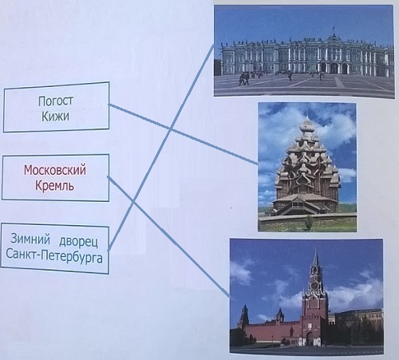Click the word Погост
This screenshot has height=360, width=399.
[56, 101]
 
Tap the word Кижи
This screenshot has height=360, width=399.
[55, 116]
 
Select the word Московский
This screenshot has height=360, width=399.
[55, 170]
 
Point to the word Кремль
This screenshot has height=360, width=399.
[54, 185]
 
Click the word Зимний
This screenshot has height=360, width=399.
[30, 239]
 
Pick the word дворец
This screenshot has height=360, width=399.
[78, 242]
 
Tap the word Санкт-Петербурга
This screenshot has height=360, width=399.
[54, 257]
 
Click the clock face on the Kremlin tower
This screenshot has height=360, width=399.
[314, 285]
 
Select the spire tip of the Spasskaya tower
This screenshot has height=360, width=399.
[316, 248]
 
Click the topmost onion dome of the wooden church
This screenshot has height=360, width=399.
[307, 125]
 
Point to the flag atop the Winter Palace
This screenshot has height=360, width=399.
[333, 26]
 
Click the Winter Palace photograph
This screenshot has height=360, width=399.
[304, 51]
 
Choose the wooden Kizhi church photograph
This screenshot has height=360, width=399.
[307, 167]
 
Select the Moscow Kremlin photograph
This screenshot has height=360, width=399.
[306, 296]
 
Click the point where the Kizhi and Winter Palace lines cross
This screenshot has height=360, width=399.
[171, 129]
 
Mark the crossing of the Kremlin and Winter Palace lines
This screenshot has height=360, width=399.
[133, 203]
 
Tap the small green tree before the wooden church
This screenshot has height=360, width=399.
[309, 223]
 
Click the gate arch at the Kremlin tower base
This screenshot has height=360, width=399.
[310, 339]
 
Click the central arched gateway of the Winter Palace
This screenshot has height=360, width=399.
[334, 69]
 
